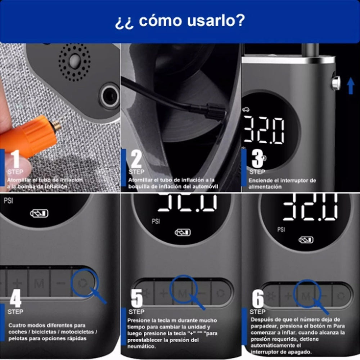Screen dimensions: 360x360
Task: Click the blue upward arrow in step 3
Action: click(351, 86)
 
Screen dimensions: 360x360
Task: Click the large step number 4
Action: click(15, 299)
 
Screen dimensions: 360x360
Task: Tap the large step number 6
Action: click(258, 299)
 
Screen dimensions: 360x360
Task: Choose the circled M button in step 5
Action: click(183, 293)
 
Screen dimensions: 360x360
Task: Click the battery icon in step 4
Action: click(39, 214)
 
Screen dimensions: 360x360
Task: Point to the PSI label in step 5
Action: click(156, 221)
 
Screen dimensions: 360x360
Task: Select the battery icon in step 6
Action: click(306, 240)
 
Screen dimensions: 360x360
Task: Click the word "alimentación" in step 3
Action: click(265, 187)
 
